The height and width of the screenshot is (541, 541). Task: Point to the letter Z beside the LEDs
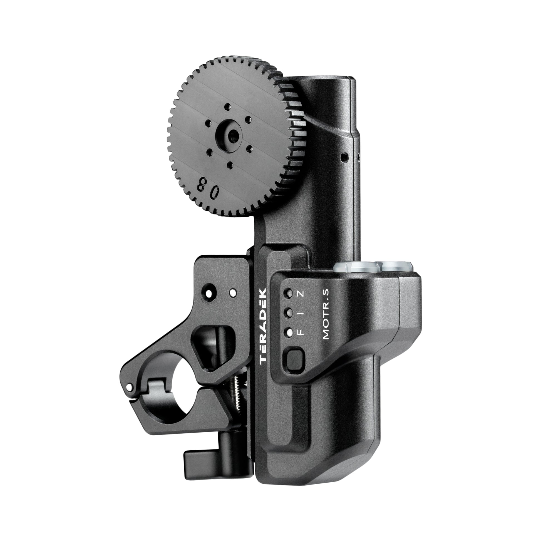[x=300, y=294]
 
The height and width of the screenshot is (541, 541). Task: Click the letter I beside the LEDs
[x=300, y=313]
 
